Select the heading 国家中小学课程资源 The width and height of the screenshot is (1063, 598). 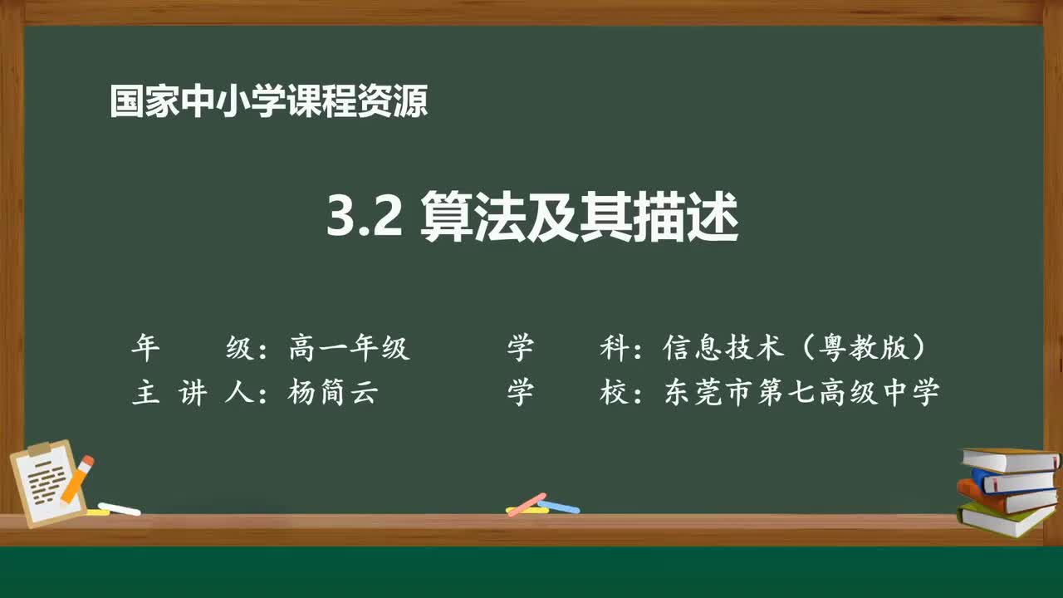coord(268,102)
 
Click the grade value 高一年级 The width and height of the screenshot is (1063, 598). coord(349,348)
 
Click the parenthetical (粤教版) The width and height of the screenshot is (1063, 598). coord(864,348)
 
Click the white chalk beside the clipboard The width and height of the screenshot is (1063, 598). coord(119,508)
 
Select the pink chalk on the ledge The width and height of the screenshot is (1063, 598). coord(527,503)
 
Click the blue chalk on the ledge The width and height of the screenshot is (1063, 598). coord(559,506)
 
